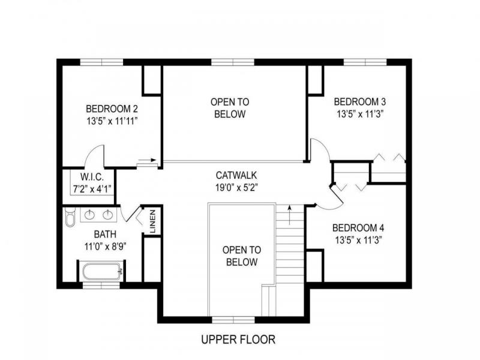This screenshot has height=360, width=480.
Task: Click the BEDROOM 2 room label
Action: click(112, 109)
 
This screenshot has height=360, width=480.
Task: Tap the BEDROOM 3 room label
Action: click(359, 101)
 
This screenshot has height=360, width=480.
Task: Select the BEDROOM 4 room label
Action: click(358, 228)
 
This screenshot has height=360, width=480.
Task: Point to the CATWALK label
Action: click(236, 175)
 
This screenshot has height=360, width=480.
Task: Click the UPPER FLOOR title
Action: click(238, 339)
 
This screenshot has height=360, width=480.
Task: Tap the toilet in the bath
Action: click(70, 217)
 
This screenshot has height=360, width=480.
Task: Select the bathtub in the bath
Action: click(102, 272)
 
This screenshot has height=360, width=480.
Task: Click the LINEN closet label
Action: click(153, 221)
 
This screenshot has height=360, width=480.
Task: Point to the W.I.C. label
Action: click(92, 176)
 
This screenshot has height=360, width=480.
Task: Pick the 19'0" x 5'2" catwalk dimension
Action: click(236, 187)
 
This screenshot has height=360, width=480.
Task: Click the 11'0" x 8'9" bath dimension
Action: click(106, 246)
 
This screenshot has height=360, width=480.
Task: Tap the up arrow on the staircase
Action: click(289, 215)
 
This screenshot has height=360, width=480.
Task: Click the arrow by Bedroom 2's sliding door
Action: click(147, 160)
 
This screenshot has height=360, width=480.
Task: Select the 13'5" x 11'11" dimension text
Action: click(112, 121)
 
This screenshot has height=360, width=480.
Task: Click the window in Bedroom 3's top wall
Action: click(365, 62)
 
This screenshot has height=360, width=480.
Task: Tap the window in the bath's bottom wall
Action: click(101, 286)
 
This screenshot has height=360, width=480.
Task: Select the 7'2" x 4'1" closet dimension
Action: click(92, 188)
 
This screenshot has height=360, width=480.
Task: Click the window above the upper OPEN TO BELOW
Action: click(233, 62)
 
